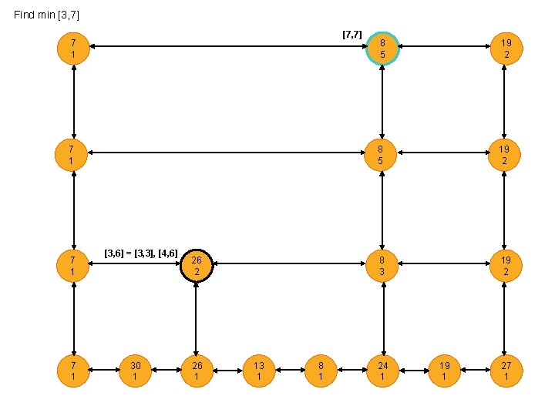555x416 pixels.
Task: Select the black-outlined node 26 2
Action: point(197,266)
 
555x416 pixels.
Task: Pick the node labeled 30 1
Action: point(135,371)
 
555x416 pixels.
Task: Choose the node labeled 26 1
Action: point(197,371)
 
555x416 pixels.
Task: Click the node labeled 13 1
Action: point(259,371)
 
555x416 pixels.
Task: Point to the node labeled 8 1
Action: point(321,371)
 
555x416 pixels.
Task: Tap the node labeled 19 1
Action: point(444,371)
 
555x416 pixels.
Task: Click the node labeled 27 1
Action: point(506,371)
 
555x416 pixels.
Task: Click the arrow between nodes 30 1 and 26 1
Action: point(166,371)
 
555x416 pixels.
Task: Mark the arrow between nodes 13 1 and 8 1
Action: point(290,371)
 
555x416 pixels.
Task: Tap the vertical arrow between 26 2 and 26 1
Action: point(197,318)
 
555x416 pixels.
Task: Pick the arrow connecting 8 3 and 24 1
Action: point(383,318)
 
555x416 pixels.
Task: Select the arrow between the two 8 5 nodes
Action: point(383,100)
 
